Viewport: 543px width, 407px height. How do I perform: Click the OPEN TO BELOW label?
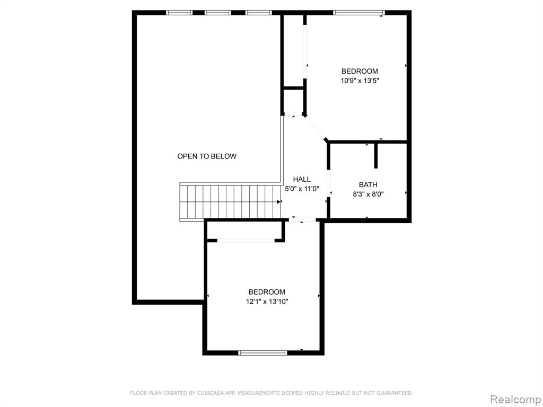point(207,156)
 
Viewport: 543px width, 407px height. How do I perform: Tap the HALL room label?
point(302,179)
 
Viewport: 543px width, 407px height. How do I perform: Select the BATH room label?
point(368,185)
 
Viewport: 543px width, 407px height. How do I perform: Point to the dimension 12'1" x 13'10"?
point(267,302)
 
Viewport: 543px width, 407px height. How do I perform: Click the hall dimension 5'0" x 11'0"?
point(302,189)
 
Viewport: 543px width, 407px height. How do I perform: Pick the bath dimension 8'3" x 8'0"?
point(368,194)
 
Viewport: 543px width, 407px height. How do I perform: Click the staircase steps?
point(230,201)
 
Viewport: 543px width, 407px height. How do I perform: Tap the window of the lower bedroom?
point(263,352)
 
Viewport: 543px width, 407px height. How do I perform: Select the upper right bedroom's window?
point(360,13)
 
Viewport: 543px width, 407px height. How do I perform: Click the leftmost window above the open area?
point(179,13)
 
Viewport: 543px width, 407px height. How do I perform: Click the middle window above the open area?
point(217,13)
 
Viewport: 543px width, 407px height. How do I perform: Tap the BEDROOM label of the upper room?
point(360,72)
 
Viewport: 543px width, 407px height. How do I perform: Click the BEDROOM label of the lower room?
point(267,292)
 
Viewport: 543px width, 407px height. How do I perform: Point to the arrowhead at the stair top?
point(279,201)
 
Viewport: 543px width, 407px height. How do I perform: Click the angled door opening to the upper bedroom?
point(315,127)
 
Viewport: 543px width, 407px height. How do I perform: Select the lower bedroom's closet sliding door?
point(246,240)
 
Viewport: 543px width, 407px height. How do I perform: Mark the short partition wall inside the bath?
point(376,156)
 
